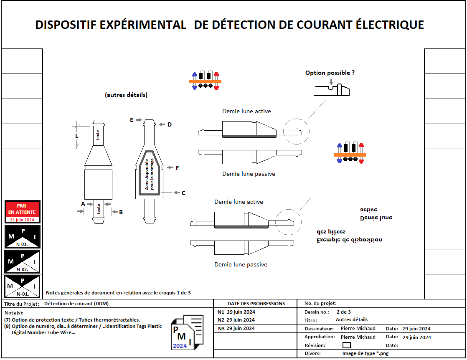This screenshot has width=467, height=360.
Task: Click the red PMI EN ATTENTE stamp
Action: tap(22, 212)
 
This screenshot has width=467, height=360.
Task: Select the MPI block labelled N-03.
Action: tap(22, 237)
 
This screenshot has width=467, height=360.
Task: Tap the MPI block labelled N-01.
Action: tap(22, 286)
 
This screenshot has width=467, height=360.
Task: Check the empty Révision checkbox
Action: tap(346, 345)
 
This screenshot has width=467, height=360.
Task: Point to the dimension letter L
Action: tap(76, 136)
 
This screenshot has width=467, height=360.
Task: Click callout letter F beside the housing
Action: tap(177, 168)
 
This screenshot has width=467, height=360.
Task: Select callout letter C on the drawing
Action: tap(183, 193)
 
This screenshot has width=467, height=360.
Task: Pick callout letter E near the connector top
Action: tap(132, 120)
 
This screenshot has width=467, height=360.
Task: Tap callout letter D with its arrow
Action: tap(169, 124)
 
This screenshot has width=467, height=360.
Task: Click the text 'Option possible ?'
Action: tap(330, 73)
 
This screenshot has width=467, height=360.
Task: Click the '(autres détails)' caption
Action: tap(126, 95)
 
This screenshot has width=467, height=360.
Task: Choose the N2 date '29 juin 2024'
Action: tap(241, 320)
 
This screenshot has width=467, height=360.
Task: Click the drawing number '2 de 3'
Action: tap(343, 312)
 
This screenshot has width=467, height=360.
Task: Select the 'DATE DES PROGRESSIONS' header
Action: tap(256, 304)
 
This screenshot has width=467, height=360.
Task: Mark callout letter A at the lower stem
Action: tap(83, 204)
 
